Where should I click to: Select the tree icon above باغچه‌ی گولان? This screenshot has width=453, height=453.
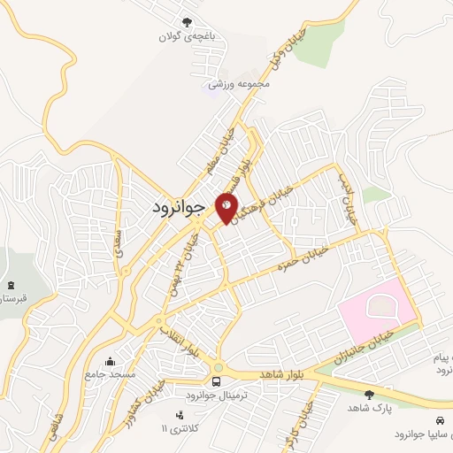pyautogui.click(x=186, y=22)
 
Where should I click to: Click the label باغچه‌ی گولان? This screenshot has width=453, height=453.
pyautogui.click(x=186, y=37)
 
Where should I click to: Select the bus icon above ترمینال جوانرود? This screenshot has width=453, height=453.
pyautogui.click(x=217, y=381)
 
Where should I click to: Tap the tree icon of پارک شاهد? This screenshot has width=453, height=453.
pyautogui.click(x=369, y=395)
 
